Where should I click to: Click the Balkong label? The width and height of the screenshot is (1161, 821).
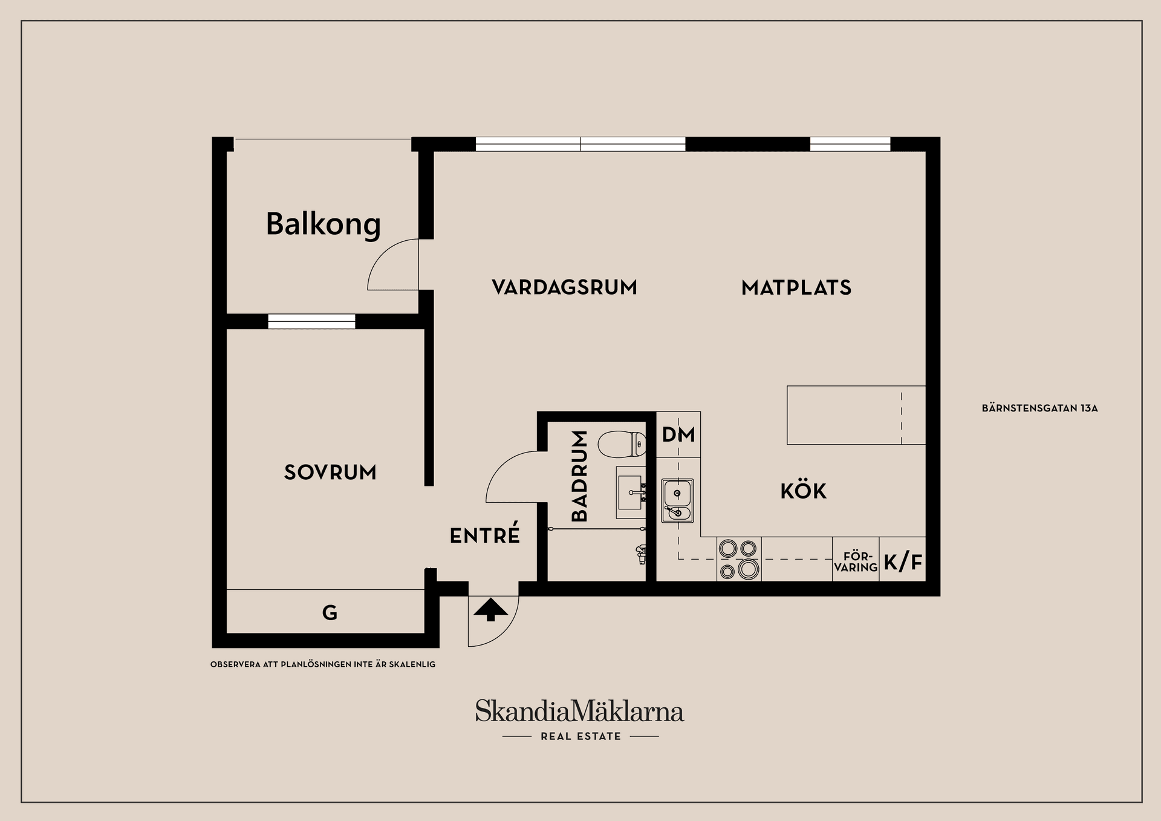click(x=323, y=224)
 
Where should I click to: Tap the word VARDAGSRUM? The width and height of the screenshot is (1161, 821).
click(x=564, y=287)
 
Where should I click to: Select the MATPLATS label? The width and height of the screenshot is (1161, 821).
click(x=796, y=287)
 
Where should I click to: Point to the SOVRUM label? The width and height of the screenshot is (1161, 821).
click(x=330, y=473)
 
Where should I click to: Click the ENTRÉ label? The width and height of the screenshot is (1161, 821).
click(x=485, y=535)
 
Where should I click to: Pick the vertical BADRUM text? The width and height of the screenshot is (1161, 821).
click(x=579, y=476)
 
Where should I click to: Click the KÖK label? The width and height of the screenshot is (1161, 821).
click(x=803, y=491)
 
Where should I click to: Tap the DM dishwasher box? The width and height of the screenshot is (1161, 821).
click(x=678, y=434)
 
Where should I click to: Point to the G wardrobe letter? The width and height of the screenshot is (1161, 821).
click(x=330, y=613)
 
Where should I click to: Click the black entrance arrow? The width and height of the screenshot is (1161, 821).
click(x=490, y=610)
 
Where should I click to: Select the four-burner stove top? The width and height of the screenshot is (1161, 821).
click(x=738, y=559)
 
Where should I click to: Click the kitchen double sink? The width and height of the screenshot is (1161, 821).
click(x=677, y=500)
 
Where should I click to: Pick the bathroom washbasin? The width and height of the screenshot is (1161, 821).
click(x=631, y=492)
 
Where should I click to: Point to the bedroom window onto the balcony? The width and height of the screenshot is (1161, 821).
click(x=311, y=321)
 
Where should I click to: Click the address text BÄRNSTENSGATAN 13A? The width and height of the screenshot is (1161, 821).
click(x=1039, y=408)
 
